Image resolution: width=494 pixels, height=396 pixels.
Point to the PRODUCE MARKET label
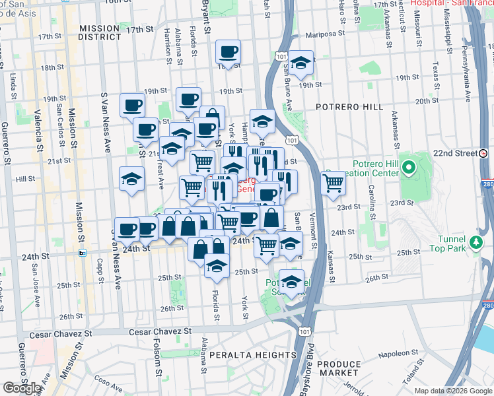point(339,369)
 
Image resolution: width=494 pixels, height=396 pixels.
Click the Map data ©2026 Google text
point(453,391)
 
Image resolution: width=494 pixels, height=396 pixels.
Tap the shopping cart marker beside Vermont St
point(334,182)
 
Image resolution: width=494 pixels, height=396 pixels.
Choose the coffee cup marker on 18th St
point(229,51)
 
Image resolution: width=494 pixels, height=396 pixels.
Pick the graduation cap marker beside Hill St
point(131,179)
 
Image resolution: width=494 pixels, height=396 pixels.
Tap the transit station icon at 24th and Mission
point(83,252)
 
